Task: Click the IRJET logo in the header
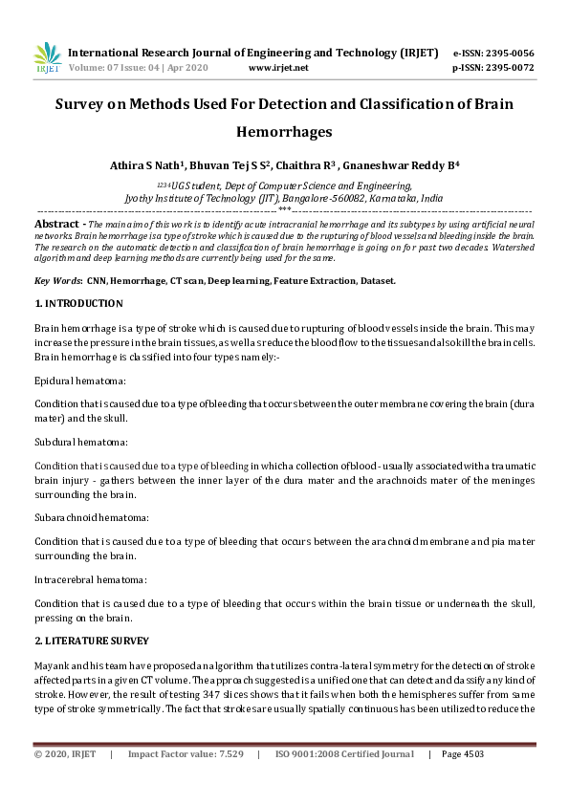pyautogui.click(x=47, y=57)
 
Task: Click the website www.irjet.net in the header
pyautogui.click(x=277, y=68)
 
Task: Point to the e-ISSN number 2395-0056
pyautogui.click(x=509, y=53)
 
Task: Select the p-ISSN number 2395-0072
pyautogui.click(x=509, y=68)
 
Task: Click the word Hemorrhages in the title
pyautogui.click(x=284, y=133)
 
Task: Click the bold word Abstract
pyautogui.click(x=55, y=223)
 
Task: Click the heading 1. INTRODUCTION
pyautogui.click(x=78, y=304)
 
